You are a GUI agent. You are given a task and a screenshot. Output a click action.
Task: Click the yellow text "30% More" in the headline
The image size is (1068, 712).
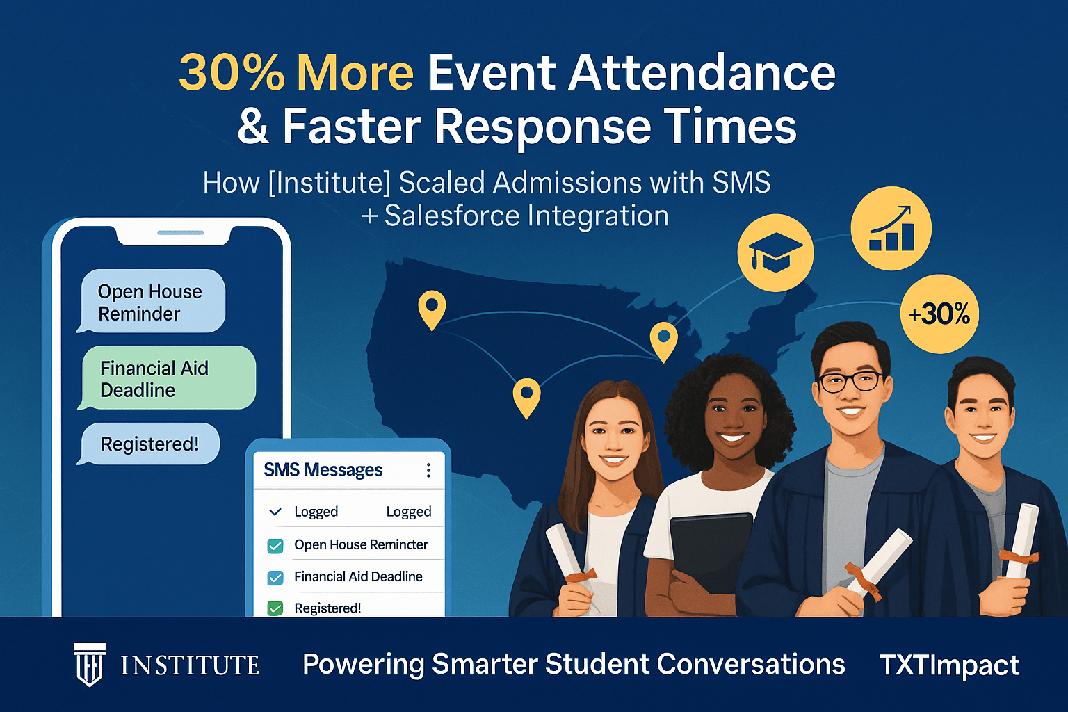pos(296,73)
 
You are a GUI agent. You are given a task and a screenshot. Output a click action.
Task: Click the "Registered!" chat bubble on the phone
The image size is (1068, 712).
pos(150,444)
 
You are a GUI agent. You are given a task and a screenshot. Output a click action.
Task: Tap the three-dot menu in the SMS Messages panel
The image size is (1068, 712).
pos(428,471)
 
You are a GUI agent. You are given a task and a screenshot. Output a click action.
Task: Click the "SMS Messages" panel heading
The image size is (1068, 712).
pos(323,470)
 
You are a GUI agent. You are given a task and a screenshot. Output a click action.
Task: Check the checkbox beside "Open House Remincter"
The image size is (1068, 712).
pos(275,546)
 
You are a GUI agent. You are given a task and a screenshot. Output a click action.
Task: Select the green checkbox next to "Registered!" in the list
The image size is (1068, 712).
pos(275,608)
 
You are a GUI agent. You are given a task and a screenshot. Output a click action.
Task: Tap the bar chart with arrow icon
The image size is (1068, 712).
pos(891,228)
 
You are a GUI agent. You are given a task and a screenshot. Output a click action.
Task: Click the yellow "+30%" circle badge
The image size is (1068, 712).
pos(939,314)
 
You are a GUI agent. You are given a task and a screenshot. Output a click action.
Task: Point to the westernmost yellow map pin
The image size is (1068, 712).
pos(432,309)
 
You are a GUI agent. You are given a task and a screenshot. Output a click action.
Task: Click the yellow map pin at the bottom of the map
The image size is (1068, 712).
pos(526,397)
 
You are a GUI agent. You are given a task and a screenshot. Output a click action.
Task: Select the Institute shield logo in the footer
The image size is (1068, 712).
pos(90,665)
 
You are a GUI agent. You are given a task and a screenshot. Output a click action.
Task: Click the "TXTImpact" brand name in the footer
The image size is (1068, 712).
pos(949,665)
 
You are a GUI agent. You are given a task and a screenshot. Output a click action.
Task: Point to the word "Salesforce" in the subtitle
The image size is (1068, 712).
pos(451,216)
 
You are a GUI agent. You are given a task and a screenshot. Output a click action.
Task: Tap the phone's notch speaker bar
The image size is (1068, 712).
pos(180,232)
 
